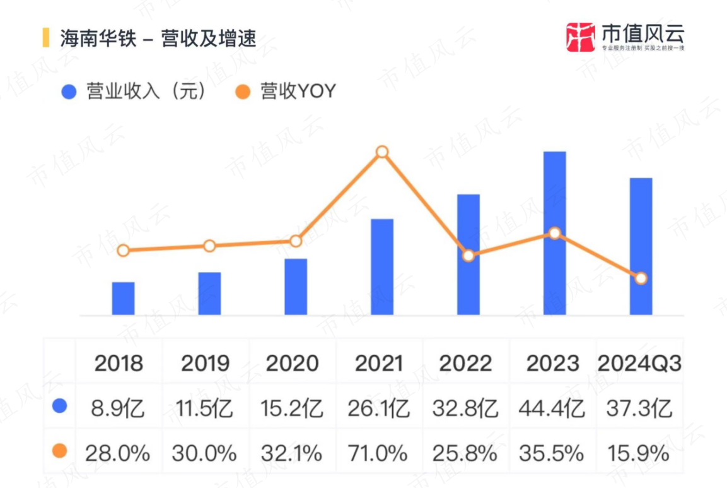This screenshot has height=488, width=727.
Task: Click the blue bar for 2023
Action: pyautogui.click(x=554, y=233)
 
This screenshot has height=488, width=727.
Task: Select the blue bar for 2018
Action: pyautogui.click(x=123, y=298)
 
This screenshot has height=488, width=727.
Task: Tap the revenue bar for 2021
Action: pyautogui.click(x=382, y=266)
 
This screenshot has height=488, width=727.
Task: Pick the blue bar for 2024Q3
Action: pyautogui.click(x=641, y=246)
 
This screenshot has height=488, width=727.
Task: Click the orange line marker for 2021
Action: pyautogui.click(x=382, y=152)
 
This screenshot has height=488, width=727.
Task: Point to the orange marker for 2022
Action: pyautogui.click(x=468, y=256)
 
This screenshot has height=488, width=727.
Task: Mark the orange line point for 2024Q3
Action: pyautogui.click(x=641, y=278)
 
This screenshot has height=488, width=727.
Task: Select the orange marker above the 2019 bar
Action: pyautogui.click(x=209, y=246)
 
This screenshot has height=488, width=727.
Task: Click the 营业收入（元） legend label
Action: pyautogui.click(x=146, y=92)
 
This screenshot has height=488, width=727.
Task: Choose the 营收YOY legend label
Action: pyautogui.click(x=298, y=92)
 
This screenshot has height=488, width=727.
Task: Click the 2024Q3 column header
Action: pyautogui.click(x=639, y=363)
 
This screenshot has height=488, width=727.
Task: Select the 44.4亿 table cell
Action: pyautogui.click(x=553, y=408)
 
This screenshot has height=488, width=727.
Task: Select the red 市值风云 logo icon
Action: pyautogui.click(x=581, y=37)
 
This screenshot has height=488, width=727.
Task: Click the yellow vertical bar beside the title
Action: pyautogui.click(x=45, y=38)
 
